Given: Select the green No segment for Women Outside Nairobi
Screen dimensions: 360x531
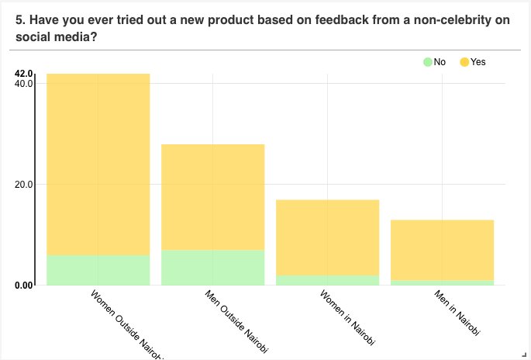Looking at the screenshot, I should (x=98, y=270).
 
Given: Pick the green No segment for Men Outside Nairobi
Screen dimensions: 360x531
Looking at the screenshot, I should (x=212, y=268).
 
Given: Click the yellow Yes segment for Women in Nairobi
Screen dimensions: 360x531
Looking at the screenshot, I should (x=327, y=237).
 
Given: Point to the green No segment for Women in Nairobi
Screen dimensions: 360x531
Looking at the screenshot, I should (x=327, y=280).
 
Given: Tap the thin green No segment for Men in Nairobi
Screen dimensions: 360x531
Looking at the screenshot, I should (x=442, y=282).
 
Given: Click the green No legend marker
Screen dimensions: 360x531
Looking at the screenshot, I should (x=427, y=62).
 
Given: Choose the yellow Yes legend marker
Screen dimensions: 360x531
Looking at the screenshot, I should (x=464, y=62).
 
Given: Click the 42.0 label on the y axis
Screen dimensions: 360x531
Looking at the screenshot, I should (x=24, y=74).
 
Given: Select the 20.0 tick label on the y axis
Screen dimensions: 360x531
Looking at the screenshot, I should (x=24, y=185).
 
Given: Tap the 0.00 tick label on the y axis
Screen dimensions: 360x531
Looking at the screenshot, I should (x=24, y=286).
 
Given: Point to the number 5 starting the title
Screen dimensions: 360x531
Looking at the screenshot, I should (x=19, y=19).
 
